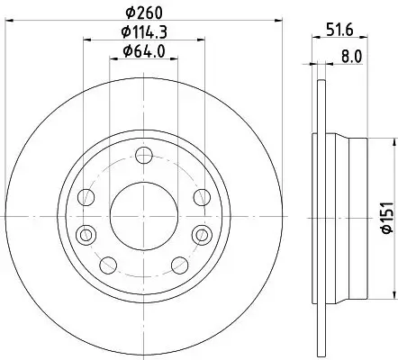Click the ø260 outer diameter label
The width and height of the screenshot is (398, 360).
click(143, 12)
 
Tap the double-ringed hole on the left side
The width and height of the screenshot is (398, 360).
click(86, 235)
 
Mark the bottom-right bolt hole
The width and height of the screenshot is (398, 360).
click(178, 264)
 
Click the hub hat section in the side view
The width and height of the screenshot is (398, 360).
click(347, 214)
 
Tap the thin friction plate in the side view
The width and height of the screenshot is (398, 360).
click(319, 214)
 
